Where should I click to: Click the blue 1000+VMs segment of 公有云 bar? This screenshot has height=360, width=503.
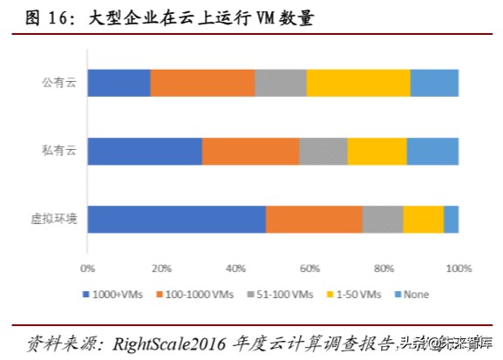[119, 83]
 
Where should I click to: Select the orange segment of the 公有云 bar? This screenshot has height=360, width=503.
[202, 83]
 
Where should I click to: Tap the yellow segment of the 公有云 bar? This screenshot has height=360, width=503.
[358, 83]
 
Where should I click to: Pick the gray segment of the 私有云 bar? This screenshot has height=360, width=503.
[323, 152]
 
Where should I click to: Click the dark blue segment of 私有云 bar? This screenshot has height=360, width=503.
[145, 152]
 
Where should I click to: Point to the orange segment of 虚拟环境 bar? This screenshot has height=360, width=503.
[314, 220]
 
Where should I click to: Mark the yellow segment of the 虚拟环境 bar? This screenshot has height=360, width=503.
[423, 220]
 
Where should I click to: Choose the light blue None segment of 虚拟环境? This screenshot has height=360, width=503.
[451, 220]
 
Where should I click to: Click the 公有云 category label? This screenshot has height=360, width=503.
[59, 83]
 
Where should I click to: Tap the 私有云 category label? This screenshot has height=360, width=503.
[59, 152]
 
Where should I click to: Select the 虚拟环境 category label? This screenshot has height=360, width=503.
[54, 220]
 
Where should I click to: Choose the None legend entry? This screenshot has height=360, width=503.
[417, 295]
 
